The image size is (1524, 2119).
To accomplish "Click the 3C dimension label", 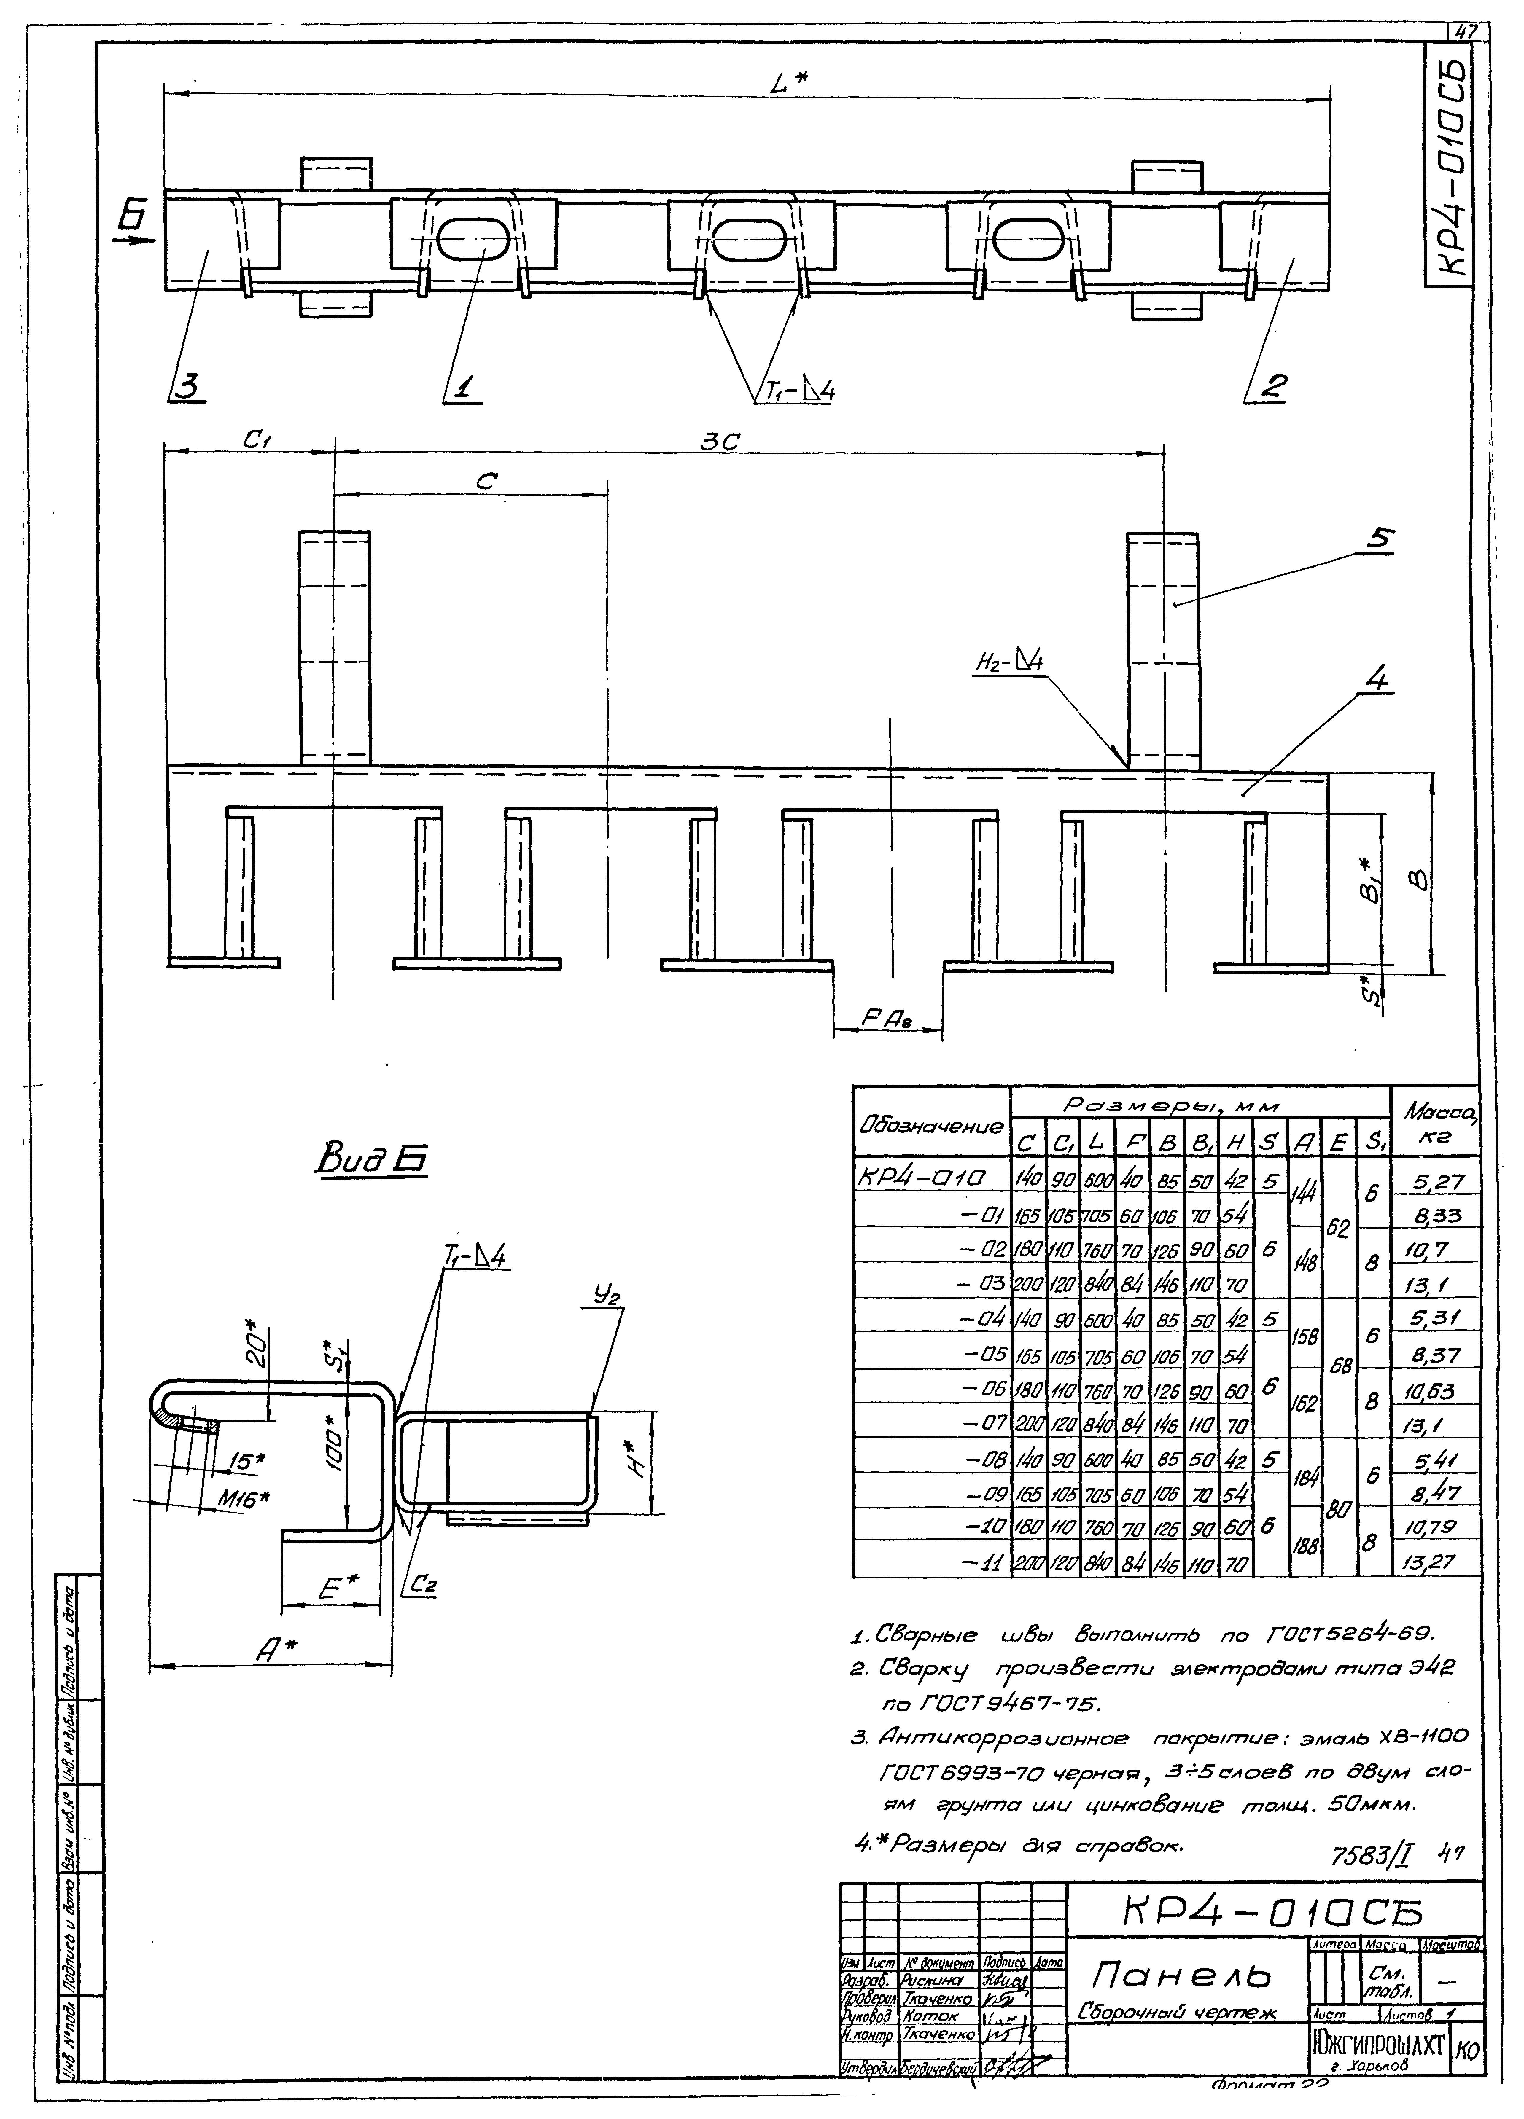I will click(720, 443).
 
